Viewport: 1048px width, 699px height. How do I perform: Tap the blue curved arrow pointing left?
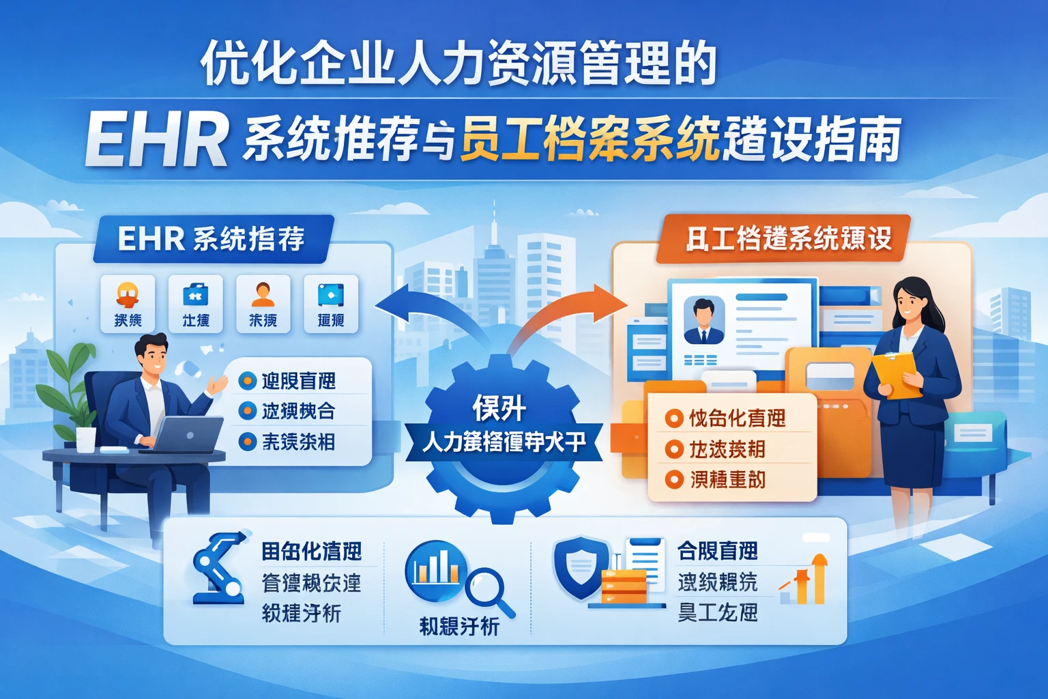(x=409, y=304)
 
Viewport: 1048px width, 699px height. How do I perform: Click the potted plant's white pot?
(x=86, y=439)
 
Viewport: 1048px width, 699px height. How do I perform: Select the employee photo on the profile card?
(x=703, y=320)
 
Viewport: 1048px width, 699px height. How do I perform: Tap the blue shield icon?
(x=581, y=567)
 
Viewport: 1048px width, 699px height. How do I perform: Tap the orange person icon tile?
(x=263, y=303)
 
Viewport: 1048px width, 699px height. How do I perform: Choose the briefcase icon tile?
(x=195, y=303)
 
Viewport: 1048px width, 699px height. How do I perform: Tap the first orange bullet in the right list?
(x=674, y=418)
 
